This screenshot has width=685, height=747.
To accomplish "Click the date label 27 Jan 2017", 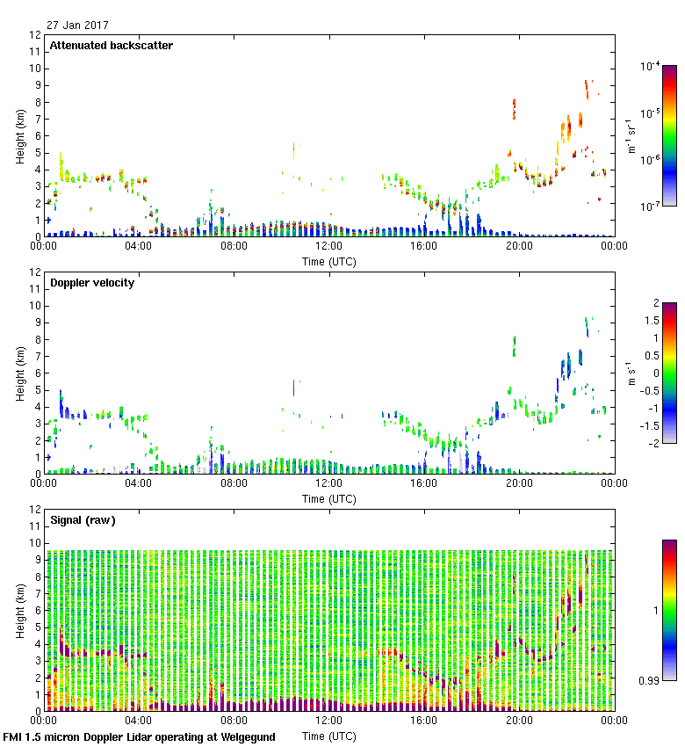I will (78, 25).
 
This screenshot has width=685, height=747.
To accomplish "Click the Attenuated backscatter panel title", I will (111, 46).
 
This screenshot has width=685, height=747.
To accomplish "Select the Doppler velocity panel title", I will (91, 283).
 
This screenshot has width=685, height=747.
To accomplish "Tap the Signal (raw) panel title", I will (83, 520).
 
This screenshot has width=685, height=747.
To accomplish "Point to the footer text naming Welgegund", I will (139, 737).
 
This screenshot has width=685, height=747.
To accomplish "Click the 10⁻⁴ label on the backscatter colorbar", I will (650, 66).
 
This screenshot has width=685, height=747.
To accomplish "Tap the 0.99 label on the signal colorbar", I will (648, 679).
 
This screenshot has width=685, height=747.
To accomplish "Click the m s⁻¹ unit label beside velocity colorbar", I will (631, 373).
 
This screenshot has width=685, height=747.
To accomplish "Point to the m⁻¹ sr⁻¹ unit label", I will (631, 136).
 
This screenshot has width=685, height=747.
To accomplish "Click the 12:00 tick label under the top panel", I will (328, 247).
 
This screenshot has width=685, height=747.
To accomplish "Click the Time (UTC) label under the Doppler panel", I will (329, 498).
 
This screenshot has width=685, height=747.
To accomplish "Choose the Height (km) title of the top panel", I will (19, 136).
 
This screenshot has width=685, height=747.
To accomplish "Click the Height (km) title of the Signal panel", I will (19, 610).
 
